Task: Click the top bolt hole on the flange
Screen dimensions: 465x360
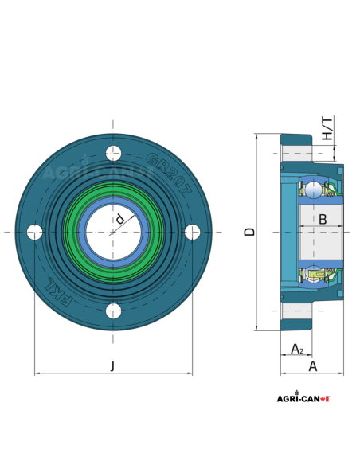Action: coord(114,153)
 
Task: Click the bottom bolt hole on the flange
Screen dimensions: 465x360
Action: coord(114,311)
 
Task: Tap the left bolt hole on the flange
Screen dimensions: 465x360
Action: coord(35,232)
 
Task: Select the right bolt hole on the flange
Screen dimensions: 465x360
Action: coord(193,232)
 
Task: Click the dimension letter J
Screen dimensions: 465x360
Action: coord(112,366)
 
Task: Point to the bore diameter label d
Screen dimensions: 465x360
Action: coord(119,218)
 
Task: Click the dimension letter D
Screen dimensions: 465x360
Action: coord(249,232)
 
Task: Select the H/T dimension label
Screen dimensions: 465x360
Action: coord(327,129)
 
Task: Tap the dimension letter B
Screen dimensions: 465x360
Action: coord(323,219)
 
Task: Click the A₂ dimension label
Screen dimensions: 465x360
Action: coord(296,349)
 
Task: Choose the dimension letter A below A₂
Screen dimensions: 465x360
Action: coord(313,366)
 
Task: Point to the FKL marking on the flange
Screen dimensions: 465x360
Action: coord(61,292)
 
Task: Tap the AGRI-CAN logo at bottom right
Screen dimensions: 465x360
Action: coord(302,398)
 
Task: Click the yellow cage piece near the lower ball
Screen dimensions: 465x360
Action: coord(326,275)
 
